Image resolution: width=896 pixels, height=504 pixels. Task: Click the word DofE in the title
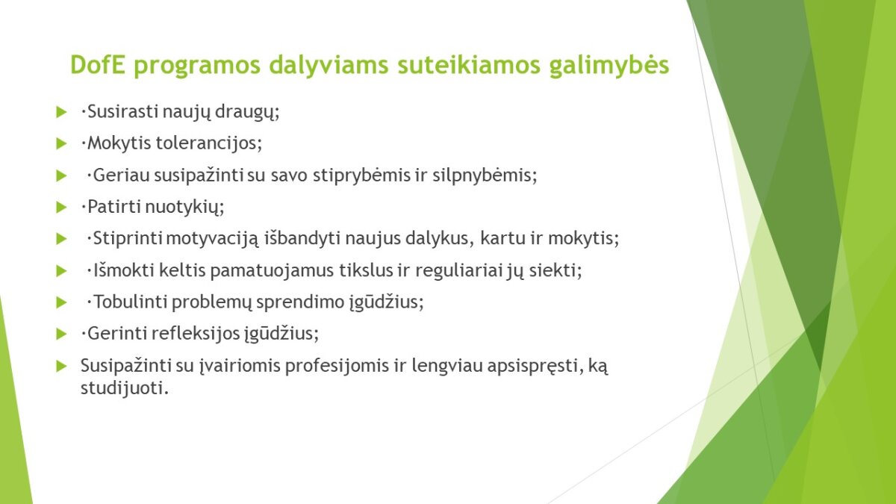[x=98, y=64]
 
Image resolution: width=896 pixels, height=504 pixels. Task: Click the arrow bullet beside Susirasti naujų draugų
[x=61, y=112]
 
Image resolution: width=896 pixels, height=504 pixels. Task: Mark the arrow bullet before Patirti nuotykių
[x=61, y=208]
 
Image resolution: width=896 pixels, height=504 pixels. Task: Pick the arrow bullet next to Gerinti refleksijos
[x=61, y=334]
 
